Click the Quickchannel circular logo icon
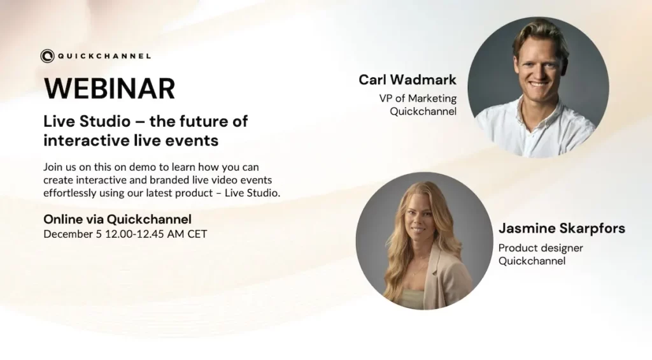point(47,56)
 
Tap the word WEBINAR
point(110,88)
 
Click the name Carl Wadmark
point(407,80)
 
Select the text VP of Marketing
point(418,98)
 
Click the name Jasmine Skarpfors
point(562,228)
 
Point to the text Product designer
point(541,248)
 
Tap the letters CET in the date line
point(197,234)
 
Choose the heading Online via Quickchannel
point(118,219)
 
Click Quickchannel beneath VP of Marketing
point(423,112)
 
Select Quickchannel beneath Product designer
point(532,261)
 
